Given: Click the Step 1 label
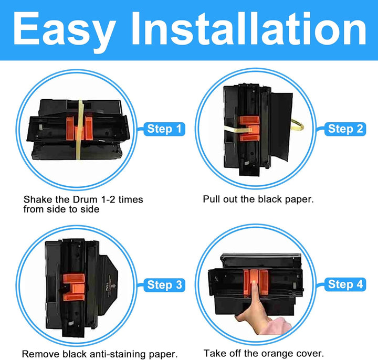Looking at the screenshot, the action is tap(164, 129).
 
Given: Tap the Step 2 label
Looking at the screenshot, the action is tap(345, 129).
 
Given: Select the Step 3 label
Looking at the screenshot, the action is tap(164, 285).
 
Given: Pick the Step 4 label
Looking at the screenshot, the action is tap(345, 284).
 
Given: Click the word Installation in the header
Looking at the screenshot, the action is tap(249, 28).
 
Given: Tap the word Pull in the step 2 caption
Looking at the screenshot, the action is tap(208, 199).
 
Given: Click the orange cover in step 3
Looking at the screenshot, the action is tap(74, 287).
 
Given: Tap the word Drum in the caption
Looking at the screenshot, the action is tap(85, 199).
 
